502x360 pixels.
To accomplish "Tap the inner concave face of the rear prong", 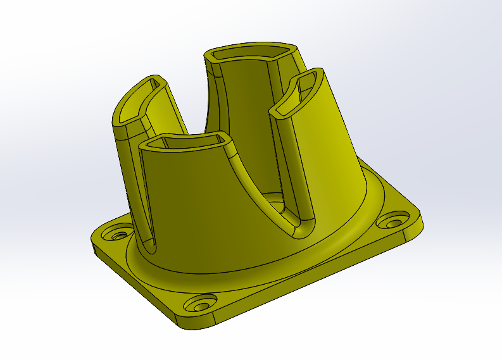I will point(244,114).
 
